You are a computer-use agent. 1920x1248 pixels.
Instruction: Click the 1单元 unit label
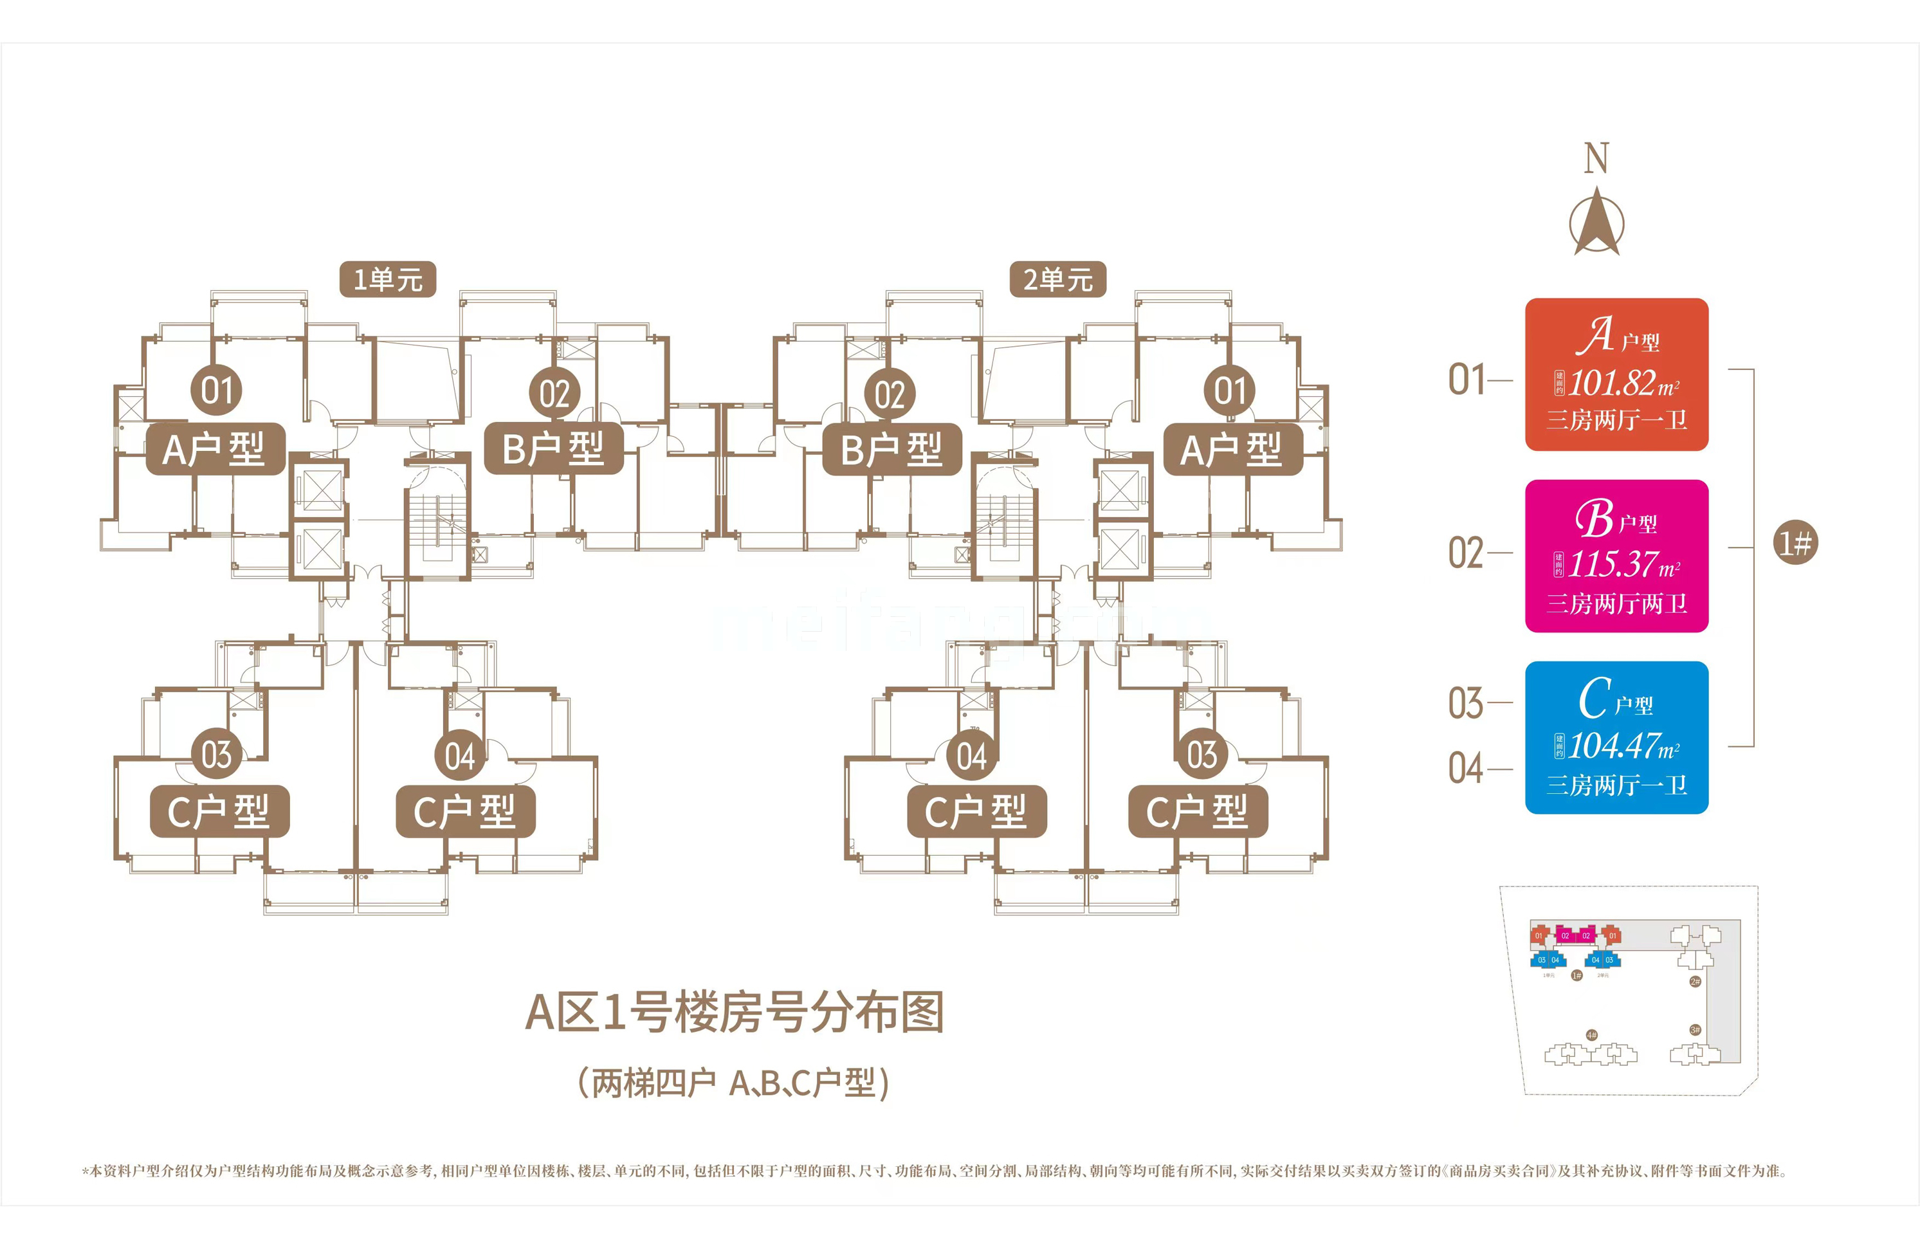387,279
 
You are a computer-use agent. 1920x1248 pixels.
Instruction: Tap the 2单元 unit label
1057,279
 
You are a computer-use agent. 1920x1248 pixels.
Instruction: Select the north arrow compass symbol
1596,221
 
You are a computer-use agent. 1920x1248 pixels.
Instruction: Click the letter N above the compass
1596,158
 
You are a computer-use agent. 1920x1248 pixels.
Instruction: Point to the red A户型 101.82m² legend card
1616,374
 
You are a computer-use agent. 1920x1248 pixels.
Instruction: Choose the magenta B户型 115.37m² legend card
1616,556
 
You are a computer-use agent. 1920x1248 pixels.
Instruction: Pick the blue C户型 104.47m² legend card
1616,737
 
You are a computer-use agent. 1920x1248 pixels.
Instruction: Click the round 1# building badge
1796,542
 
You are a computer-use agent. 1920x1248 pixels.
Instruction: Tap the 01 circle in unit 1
216,390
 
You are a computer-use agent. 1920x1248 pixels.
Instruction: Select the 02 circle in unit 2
890,394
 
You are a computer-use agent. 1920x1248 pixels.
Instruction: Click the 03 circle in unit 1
216,755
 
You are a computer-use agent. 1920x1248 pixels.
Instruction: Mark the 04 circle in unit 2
971,757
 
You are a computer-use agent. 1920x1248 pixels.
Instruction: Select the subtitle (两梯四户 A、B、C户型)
734,1083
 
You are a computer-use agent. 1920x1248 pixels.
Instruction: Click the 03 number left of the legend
1466,704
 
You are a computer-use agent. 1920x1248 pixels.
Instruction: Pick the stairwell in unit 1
437,520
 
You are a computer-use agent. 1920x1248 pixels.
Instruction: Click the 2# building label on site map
1695,982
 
